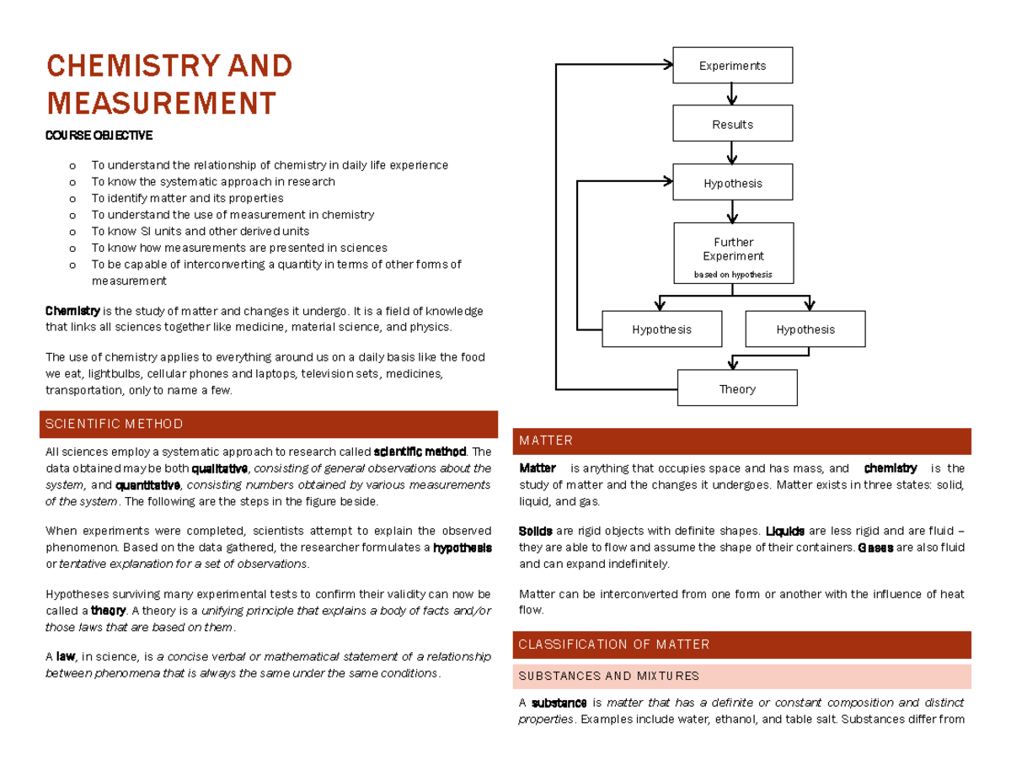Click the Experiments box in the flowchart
[732, 66]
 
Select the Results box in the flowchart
[732, 124]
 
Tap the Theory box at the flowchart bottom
[737, 388]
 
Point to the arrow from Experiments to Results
[732, 94]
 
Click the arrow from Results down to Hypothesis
[732, 152]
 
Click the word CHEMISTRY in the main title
[117, 65]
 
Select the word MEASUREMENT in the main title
[161, 103]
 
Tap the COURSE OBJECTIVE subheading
[99, 136]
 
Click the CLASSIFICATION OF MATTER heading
[614, 645]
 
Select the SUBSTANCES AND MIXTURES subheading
[608, 676]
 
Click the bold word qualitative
[220, 468]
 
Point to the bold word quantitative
[147, 485]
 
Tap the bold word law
[65, 656]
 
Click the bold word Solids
[536, 532]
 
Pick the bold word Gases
[875, 548]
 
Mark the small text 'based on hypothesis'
[732, 275]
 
